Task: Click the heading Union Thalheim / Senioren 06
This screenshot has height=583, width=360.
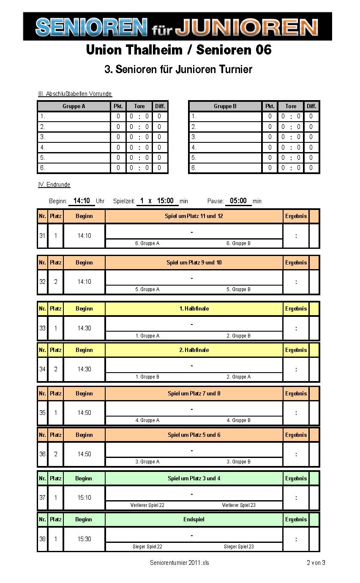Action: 178,50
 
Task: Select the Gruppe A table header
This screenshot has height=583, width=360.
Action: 74,106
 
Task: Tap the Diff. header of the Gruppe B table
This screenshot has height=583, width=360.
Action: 311,106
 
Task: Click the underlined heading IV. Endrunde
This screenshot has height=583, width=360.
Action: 54,185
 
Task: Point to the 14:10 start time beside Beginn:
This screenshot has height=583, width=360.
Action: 82,201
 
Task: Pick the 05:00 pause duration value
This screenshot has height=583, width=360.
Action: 238,201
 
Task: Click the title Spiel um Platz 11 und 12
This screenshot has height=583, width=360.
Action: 194,216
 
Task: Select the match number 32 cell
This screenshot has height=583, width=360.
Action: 42,282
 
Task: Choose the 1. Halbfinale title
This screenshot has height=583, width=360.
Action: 194,308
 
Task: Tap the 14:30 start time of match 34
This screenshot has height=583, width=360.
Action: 84,369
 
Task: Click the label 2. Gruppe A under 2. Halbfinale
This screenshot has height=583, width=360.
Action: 238,377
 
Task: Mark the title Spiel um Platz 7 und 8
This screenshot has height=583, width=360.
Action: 194,393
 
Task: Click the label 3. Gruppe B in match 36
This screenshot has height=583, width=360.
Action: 238,462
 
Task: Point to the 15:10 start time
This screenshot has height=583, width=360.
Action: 84,498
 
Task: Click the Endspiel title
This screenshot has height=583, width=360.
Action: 194,519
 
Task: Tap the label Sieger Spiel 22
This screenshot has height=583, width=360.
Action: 147,547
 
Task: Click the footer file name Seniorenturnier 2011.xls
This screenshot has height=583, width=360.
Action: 179,563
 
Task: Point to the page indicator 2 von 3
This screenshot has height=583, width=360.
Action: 316,563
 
